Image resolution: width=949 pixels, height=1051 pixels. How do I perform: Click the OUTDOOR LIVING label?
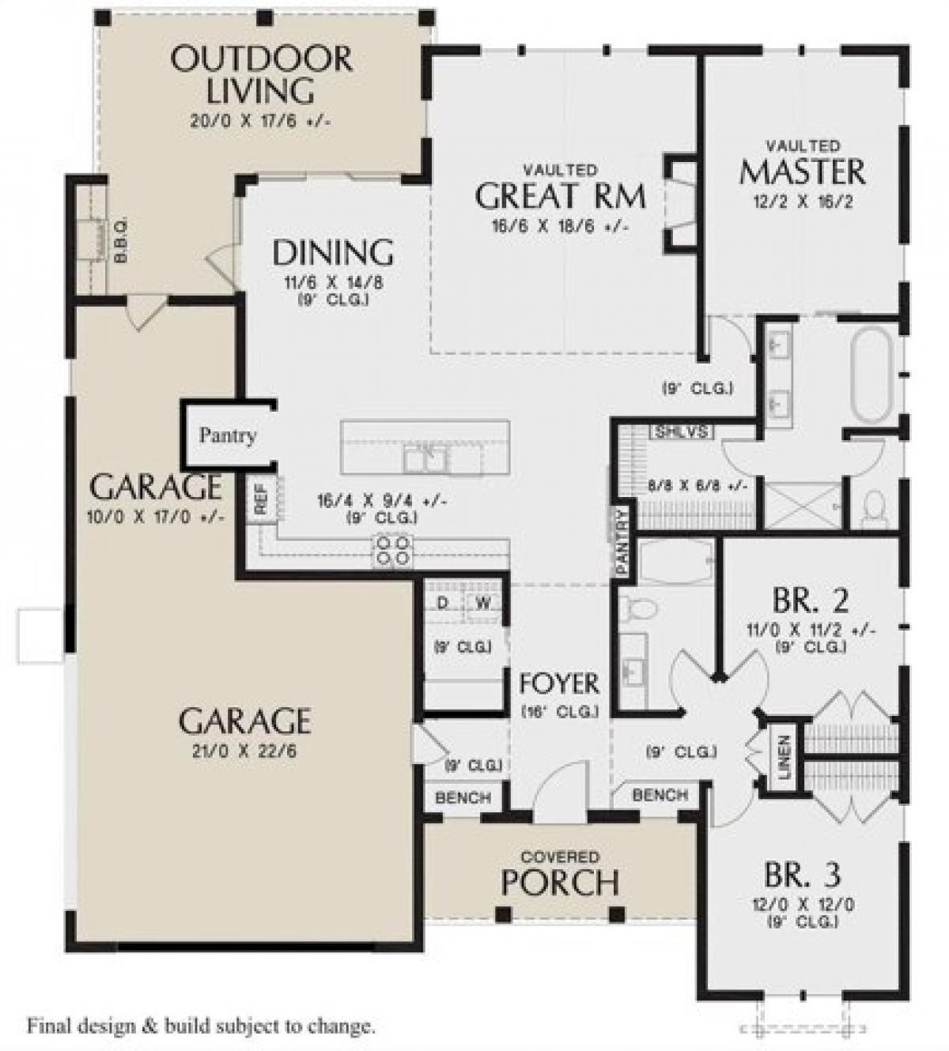point(261,75)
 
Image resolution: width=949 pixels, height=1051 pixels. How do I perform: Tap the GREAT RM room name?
point(560,195)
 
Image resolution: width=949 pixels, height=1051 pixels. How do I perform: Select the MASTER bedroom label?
point(802,171)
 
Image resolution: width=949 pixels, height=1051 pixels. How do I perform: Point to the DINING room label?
point(333,253)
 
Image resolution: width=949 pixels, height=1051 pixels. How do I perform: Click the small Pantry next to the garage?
point(227,435)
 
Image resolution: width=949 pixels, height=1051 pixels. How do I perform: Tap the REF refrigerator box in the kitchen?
point(261,499)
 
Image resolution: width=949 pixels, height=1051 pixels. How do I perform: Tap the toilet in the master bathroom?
point(874,508)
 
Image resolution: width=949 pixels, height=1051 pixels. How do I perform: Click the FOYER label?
point(559,682)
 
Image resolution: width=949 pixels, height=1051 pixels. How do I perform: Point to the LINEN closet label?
point(784,757)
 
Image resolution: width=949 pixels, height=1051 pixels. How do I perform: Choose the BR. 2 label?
point(811,602)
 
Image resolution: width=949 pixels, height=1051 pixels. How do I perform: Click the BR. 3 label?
point(802,876)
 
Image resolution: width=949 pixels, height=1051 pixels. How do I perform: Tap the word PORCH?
point(560,883)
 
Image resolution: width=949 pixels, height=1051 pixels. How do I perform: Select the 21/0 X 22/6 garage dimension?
point(244,750)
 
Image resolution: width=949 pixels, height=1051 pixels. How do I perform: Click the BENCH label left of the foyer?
point(463,798)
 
